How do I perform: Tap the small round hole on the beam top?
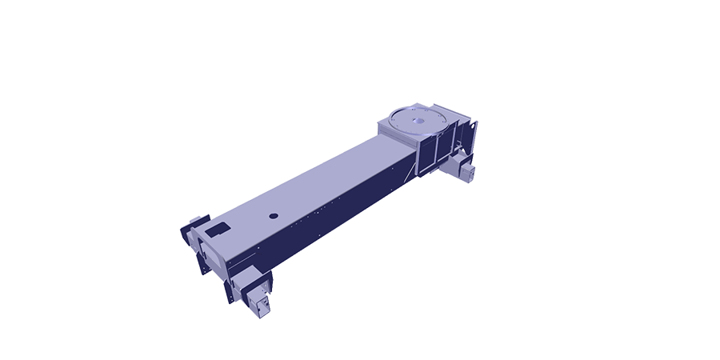pos(273,215)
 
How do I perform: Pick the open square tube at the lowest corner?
pos(258,304)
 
